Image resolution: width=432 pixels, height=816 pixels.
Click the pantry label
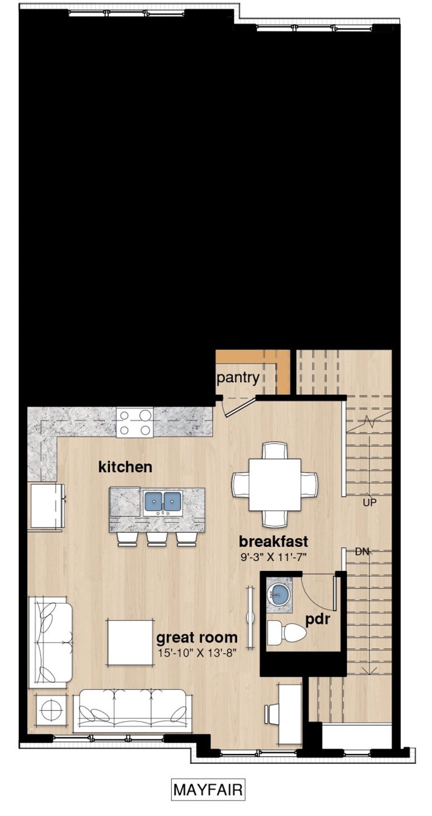point(238,378)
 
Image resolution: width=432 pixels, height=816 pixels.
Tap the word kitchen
point(125,467)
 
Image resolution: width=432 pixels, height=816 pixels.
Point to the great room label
point(197,638)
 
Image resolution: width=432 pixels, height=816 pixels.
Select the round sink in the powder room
point(279,596)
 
